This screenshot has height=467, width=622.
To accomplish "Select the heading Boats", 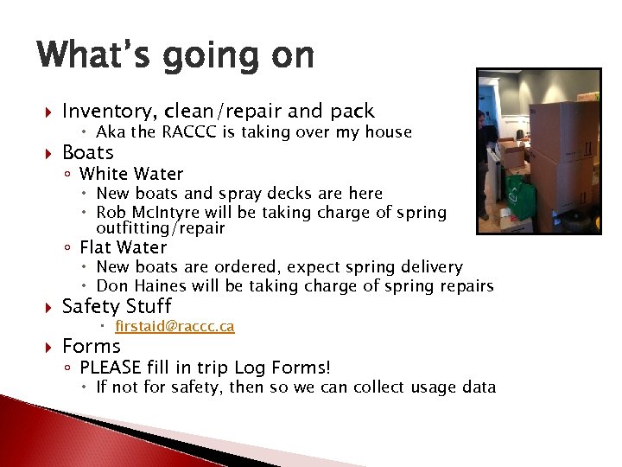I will pos(88,152).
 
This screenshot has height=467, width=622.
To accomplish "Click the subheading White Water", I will pos(131,174).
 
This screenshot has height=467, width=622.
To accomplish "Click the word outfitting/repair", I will pos(160,229).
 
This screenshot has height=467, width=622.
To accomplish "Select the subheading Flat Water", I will pos(123,248).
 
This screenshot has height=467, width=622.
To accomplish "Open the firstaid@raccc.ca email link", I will pos(175,327).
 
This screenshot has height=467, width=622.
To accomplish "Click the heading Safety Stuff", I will pos(117,306).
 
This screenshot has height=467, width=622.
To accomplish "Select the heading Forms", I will pos(92,346).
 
